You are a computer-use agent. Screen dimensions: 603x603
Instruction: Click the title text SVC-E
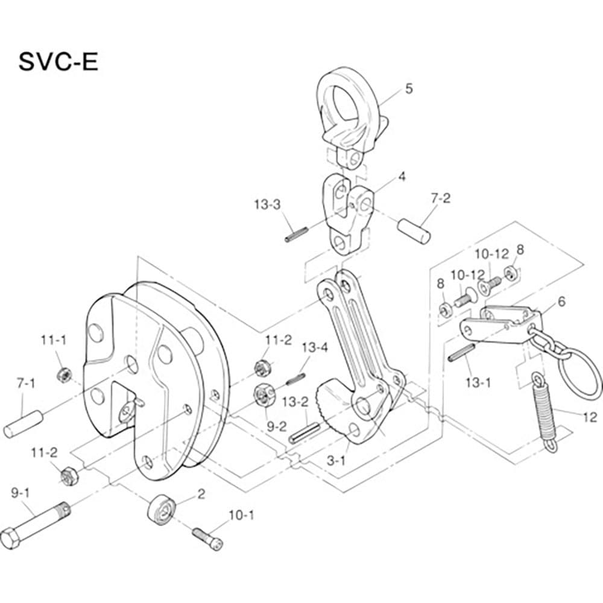click(x=58, y=62)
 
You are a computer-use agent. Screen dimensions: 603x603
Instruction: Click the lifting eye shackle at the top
click(x=348, y=112)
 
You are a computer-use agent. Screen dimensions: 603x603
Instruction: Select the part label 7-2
click(x=440, y=198)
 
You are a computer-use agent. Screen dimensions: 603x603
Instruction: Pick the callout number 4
click(x=402, y=178)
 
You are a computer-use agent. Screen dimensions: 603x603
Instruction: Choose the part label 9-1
click(x=22, y=492)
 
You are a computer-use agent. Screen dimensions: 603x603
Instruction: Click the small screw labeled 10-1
click(x=208, y=537)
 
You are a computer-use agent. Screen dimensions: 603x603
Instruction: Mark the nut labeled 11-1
click(x=62, y=374)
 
